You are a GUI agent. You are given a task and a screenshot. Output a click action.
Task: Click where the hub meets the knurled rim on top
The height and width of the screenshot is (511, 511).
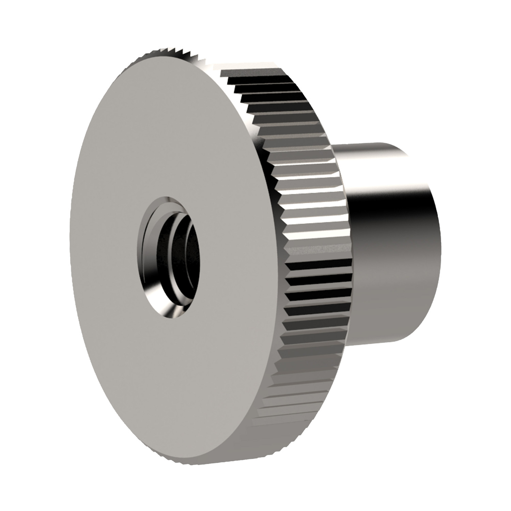click(x=332, y=146)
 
